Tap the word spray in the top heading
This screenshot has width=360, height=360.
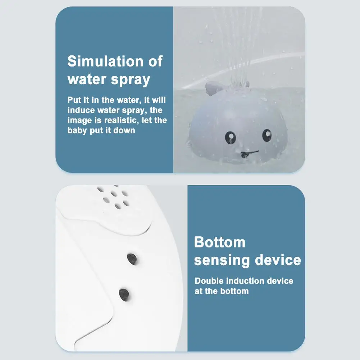[x=131, y=80]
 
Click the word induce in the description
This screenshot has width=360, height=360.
[x=81, y=110]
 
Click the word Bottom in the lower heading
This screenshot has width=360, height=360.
[x=220, y=242]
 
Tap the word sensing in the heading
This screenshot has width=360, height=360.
[x=222, y=260]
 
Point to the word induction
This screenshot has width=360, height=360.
[x=244, y=281]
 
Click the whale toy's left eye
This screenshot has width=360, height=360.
[x=230, y=137]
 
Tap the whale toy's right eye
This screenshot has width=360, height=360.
[x=267, y=135]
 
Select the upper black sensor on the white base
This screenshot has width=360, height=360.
[x=132, y=259]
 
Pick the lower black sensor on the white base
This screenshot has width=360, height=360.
[x=124, y=295]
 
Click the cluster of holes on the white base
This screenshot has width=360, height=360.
[x=114, y=197]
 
